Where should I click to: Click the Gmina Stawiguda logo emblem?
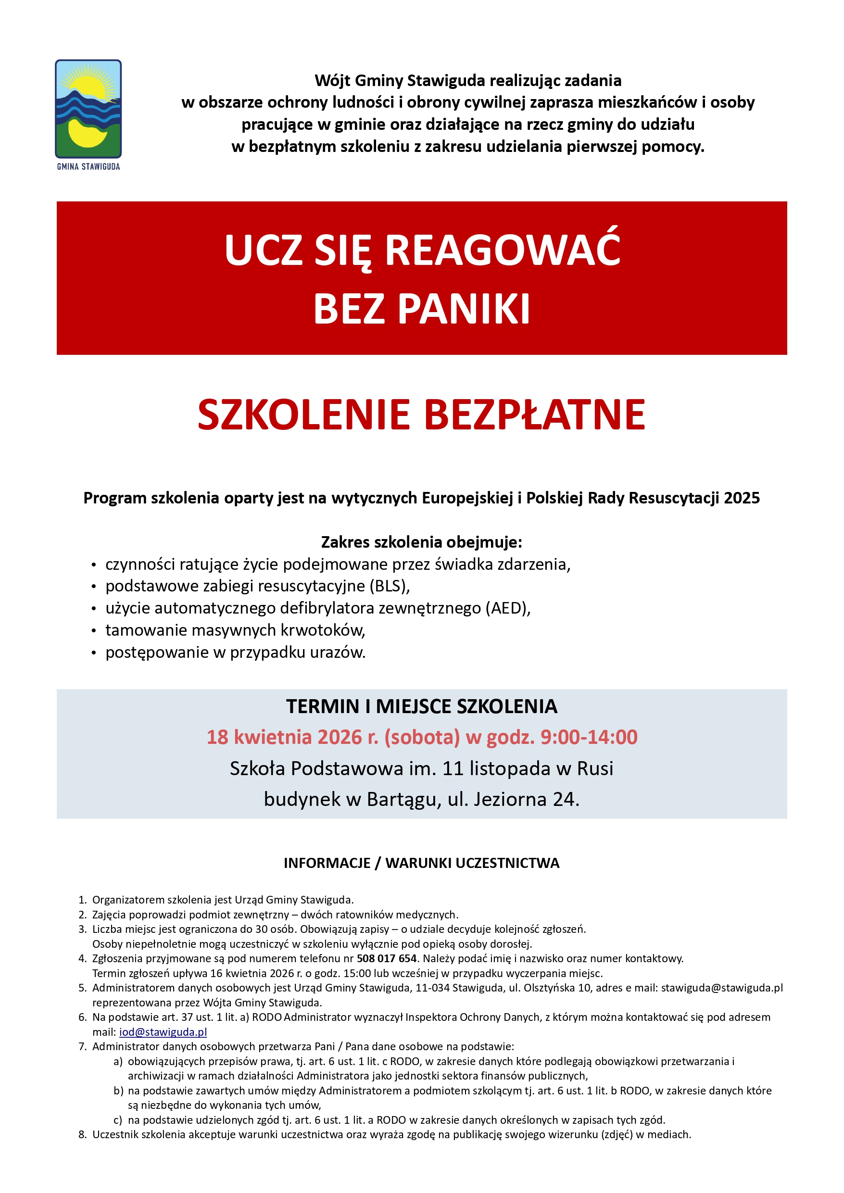(x=88, y=109)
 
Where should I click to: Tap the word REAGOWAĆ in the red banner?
(x=503, y=251)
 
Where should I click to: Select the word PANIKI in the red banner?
(x=464, y=309)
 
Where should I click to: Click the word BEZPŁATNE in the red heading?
(x=535, y=415)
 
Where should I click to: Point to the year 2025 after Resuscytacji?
(x=742, y=498)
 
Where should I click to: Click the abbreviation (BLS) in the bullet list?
(x=390, y=586)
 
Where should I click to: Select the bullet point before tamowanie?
(x=94, y=631)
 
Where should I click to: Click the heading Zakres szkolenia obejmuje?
(x=421, y=542)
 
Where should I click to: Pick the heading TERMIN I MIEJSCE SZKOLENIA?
(x=421, y=707)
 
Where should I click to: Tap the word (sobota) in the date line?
(x=422, y=737)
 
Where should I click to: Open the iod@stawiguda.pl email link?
(x=163, y=1032)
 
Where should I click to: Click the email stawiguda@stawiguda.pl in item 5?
(x=721, y=988)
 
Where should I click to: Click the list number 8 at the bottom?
(x=82, y=1135)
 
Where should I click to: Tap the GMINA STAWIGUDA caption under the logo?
(x=88, y=167)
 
